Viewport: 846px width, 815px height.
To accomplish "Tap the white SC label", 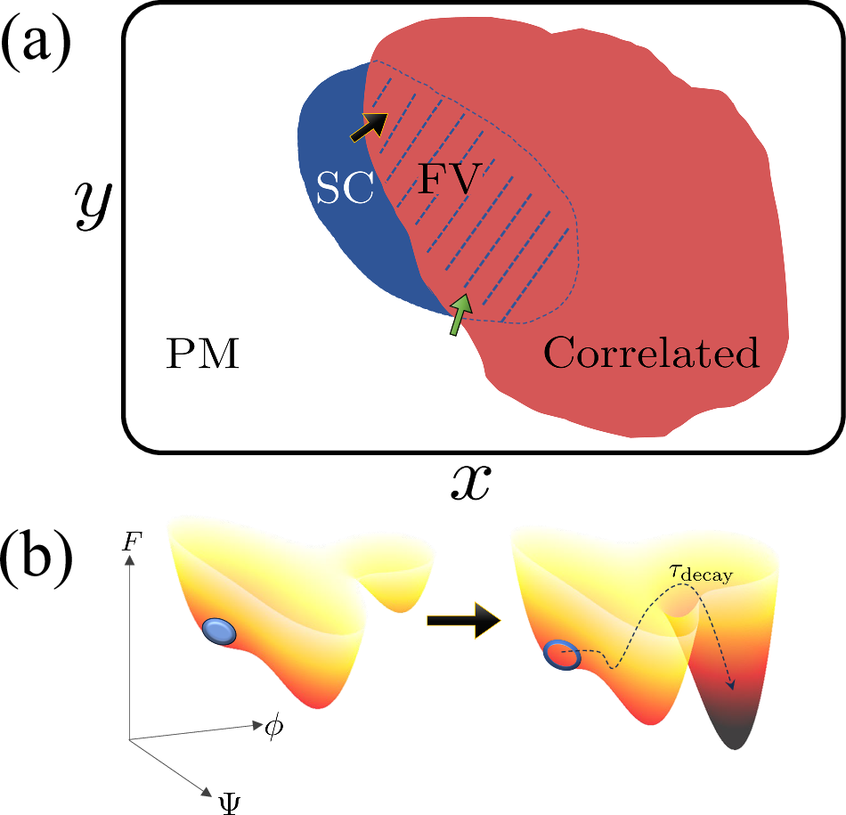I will (345, 189).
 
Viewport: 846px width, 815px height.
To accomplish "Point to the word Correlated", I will (651, 354).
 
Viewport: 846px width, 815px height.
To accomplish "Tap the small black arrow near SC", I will (369, 127).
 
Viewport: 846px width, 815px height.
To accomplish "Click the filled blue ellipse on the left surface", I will (219, 631).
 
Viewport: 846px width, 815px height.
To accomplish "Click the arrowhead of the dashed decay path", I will (732, 684).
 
